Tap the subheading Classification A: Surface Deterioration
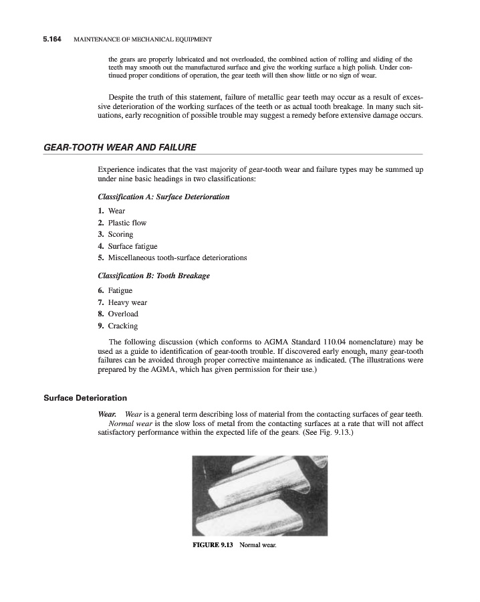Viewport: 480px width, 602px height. click(163, 197)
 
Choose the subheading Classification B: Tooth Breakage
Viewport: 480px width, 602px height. click(154, 276)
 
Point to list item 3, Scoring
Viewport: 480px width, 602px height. click(120, 234)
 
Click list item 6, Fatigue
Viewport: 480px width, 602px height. click(120, 291)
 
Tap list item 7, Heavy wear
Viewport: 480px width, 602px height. click(127, 302)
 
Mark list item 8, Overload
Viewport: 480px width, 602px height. click(123, 314)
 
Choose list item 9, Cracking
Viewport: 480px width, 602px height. click(123, 326)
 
